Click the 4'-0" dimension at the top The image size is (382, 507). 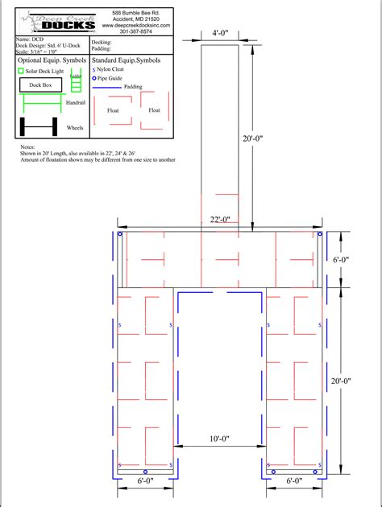[219, 33]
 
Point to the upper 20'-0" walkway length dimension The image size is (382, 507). [253, 138]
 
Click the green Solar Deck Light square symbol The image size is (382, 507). [21, 71]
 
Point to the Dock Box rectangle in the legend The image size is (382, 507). [40, 84]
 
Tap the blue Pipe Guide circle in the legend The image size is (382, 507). [95, 78]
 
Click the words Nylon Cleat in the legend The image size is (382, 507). [116, 71]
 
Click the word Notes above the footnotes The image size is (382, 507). [28, 148]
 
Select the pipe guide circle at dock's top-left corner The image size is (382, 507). [120, 234]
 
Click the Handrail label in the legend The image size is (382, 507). [76, 103]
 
